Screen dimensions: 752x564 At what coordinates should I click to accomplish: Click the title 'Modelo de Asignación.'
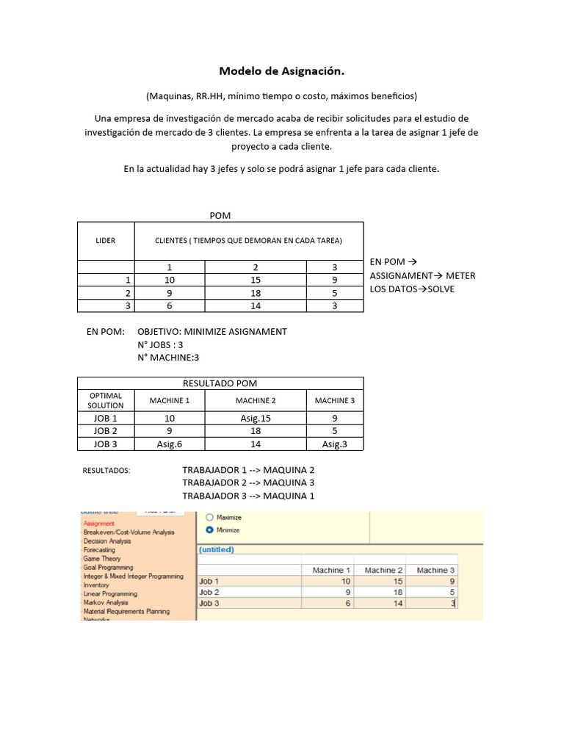tap(281, 71)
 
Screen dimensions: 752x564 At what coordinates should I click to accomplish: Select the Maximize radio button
tap(210, 517)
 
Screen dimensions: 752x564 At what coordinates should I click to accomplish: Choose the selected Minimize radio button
tap(210, 529)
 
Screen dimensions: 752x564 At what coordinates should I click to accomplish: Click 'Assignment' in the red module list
tap(99, 524)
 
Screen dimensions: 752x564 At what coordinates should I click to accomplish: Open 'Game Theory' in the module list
tap(102, 559)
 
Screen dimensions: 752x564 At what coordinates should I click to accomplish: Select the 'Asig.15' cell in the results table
tap(256, 418)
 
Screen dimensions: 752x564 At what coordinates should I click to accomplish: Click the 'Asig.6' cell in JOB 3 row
tap(170, 444)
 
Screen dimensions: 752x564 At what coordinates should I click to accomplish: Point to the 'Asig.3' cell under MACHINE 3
tap(334, 444)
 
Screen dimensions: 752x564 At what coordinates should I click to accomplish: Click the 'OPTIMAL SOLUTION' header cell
tap(106, 400)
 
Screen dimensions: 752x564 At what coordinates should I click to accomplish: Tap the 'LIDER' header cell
tap(106, 241)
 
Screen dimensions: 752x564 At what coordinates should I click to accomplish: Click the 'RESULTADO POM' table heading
tap(220, 383)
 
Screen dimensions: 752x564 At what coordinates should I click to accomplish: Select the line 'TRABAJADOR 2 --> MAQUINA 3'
tap(248, 482)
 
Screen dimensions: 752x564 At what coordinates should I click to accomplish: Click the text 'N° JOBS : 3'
tap(160, 344)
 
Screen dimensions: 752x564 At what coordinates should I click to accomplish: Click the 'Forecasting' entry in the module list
tap(99, 550)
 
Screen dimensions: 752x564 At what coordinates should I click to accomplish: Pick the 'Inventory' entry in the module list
tap(96, 585)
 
